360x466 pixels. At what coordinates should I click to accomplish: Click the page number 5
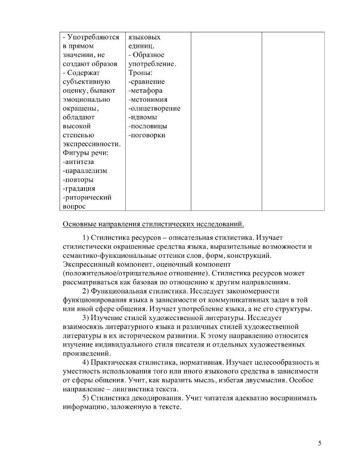pyautogui.click(x=319, y=443)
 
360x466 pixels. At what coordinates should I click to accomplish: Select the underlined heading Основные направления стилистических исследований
pyautogui.click(x=153, y=224)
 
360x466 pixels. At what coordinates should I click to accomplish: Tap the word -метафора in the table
pyautogui.click(x=145, y=90)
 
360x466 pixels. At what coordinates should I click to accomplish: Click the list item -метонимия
pyautogui.click(x=148, y=99)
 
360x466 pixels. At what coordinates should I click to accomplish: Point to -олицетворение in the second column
pyautogui.click(x=154, y=108)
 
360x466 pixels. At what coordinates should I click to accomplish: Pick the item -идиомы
pyautogui.click(x=143, y=117)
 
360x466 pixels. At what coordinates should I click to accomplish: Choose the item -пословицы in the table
pyautogui.click(x=148, y=126)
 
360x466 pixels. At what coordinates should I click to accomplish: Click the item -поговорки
pyautogui.click(x=147, y=135)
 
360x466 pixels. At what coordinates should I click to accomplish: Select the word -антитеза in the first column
pyautogui.click(x=78, y=162)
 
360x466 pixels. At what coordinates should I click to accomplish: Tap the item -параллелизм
pyautogui.click(x=85, y=171)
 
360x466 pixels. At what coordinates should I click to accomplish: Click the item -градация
pyautogui.click(x=79, y=188)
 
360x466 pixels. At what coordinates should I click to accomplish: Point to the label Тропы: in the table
pyautogui.click(x=140, y=73)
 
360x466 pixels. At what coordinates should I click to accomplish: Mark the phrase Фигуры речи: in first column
pyautogui.click(x=86, y=153)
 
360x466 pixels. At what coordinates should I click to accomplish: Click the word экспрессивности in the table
pyautogui.click(x=91, y=144)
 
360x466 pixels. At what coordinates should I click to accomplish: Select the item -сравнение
pyautogui.click(x=147, y=82)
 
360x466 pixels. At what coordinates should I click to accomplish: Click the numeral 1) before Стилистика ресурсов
pyautogui.click(x=85, y=238)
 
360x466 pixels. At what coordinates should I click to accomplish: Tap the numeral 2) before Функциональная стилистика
pyautogui.click(x=85, y=291)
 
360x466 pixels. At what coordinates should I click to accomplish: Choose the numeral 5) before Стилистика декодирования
pyautogui.click(x=85, y=398)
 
